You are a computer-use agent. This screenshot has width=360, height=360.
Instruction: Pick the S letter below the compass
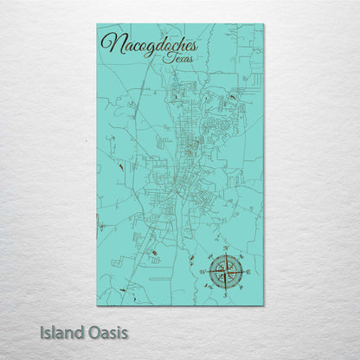click(x=226, y=293)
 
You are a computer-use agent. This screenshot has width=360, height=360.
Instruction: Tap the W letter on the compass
click(x=204, y=272)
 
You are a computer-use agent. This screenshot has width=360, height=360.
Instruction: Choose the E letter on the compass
click(x=248, y=272)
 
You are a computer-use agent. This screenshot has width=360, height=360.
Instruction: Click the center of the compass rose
click(x=226, y=272)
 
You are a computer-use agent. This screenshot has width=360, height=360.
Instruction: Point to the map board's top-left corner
click(x=97, y=24)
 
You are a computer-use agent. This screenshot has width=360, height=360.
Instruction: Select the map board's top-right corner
click(x=264, y=24)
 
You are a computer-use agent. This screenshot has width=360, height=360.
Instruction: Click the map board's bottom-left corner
click(x=97, y=305)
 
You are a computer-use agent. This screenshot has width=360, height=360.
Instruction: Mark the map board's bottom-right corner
click(x=264, y=305)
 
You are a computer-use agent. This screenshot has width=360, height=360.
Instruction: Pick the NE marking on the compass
click(x=241, y=257)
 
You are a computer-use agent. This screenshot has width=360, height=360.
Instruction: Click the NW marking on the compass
click(x=211, y=257)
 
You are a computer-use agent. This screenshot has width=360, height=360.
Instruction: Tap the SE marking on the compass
click(x=241, y=287)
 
